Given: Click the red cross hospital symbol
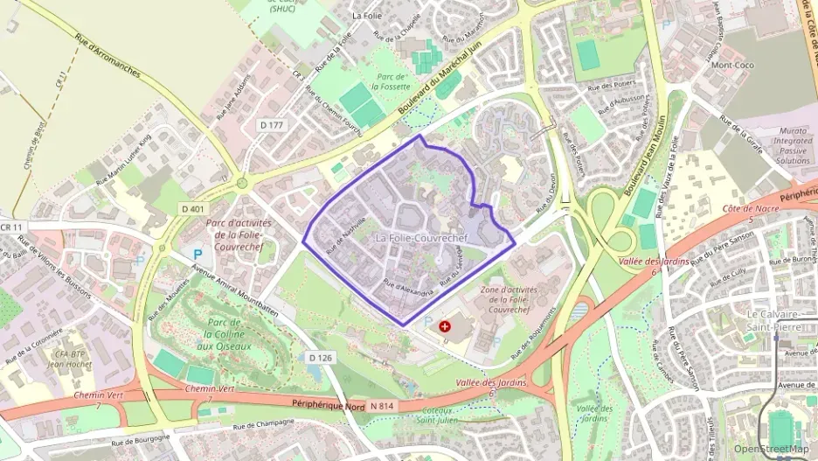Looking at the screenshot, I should click(446, 325).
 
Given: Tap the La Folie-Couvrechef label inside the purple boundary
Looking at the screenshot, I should click(420, 238).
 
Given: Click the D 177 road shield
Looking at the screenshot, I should click(272, 126).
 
